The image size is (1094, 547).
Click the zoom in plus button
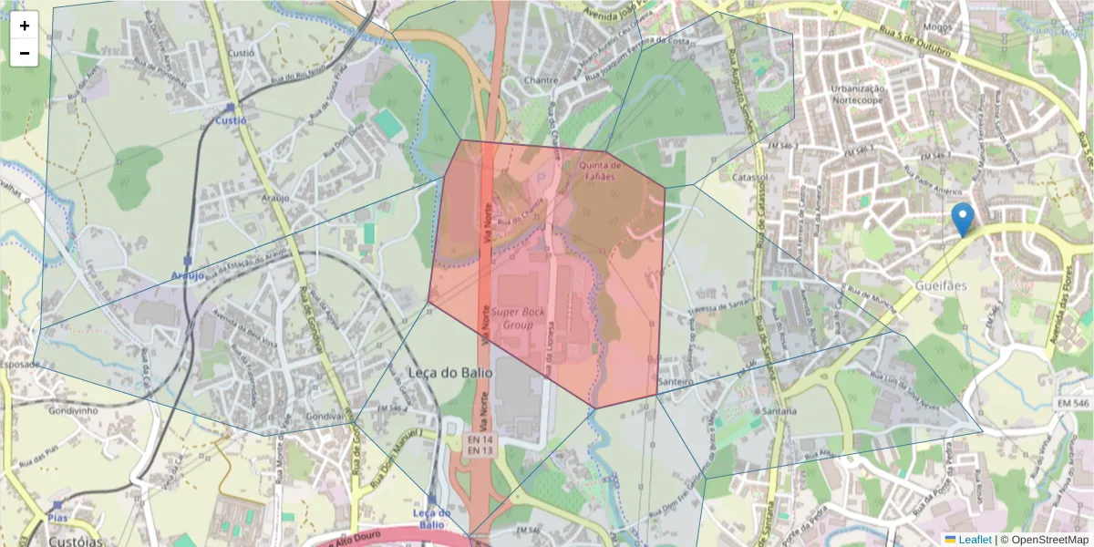click(x=25, y=26)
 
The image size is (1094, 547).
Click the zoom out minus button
click(x=25, y=53)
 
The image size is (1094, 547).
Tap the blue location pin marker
click(x=962, y=219)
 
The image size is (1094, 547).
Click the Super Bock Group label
click(x=518, y=318)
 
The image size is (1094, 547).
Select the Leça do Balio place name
click(x=449, y=373)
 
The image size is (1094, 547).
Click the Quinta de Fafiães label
click(x=600, y=170)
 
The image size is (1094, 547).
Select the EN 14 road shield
click(x=480, y=439)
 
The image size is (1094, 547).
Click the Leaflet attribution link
click(x=975, y=540)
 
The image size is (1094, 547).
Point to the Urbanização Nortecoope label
click(x=858, y=96)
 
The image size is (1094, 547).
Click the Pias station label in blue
click(x=57, y=517)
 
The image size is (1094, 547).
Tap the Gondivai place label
click(x=324, y=416)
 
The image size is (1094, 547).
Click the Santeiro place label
click(x=676, y=381)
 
